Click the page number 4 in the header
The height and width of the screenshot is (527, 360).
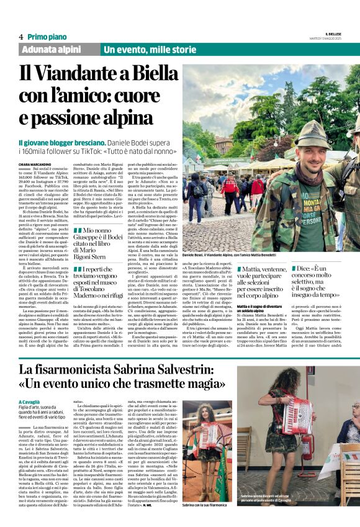(20, 37)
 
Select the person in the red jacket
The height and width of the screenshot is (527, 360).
(257, 186)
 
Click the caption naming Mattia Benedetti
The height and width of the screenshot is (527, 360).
(272, 254)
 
